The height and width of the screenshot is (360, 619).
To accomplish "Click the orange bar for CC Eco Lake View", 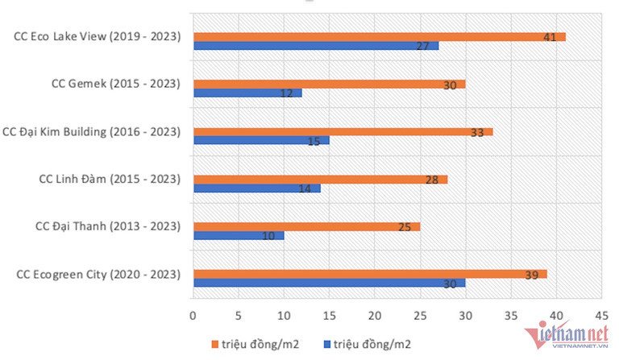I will [x=379, y=37].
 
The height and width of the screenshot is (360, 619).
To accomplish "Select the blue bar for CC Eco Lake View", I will [x=316, y=46].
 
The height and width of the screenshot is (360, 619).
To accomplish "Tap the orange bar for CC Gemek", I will [x=329, y=84].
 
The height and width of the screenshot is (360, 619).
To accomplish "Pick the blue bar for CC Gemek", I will [x=247, y=93].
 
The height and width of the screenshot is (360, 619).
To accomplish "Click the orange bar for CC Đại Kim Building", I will [x=343, y=132].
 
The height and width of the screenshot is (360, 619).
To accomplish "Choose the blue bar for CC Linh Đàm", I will [x=256, y=188].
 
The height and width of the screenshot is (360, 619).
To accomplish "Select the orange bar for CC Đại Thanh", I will [x=306, y=227].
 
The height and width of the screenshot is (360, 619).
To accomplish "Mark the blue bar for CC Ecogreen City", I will [x=329, y=283].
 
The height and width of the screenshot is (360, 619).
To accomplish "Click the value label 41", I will [x=550, y=37].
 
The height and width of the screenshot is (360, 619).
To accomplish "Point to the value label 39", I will [x=531, y=275].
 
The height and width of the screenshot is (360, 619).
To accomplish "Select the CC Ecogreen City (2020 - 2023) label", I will [x=98, y=275].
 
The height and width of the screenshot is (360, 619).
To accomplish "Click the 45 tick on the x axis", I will [x=600, y=315].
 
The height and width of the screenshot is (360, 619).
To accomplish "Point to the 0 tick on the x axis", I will [x=193, y=315].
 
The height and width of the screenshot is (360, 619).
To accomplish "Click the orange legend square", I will [x=214, y=344].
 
